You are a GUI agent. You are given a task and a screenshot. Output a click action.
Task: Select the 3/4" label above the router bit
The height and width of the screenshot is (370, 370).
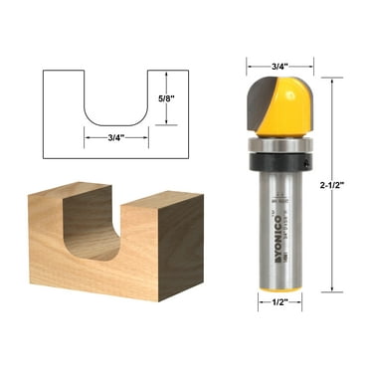point(279,68)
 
